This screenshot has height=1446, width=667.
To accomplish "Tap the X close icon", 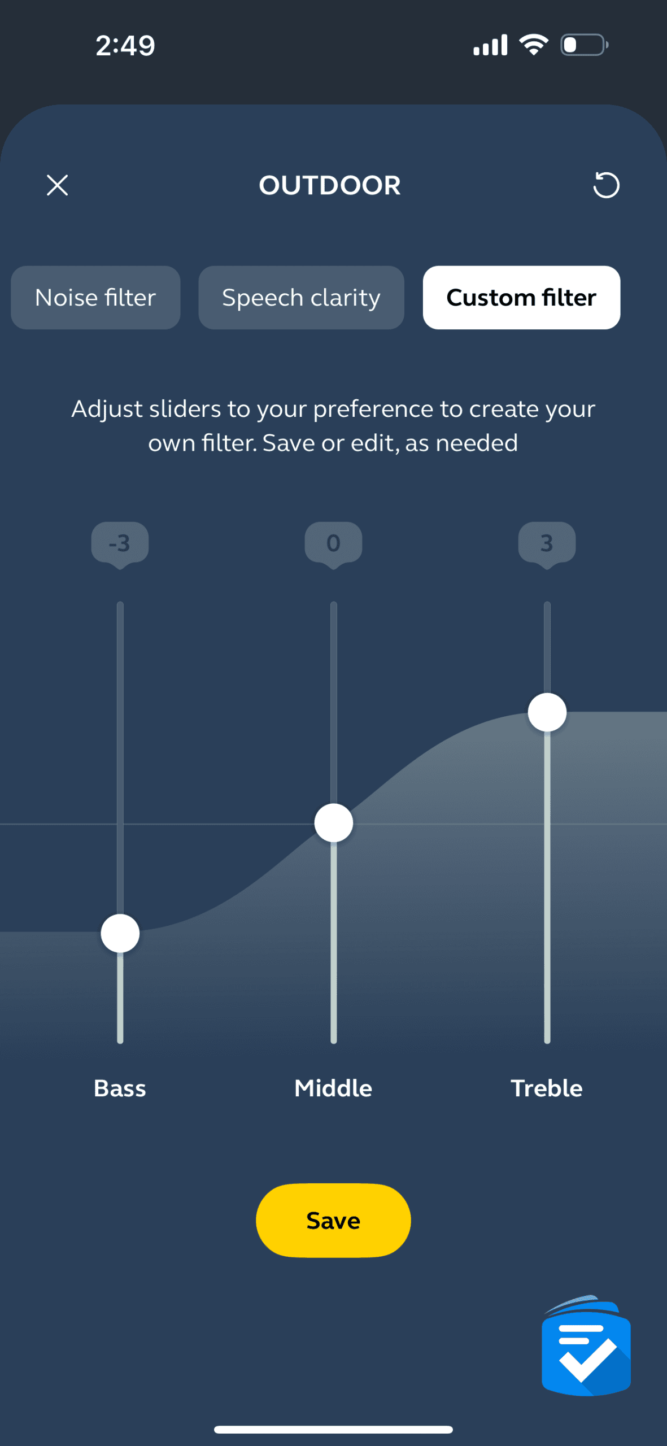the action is point(57,185).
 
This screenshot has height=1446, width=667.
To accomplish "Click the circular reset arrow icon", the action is point(606,185).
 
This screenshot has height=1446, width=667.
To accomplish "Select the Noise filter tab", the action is point(95,298).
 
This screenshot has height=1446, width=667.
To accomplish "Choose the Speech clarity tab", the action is point(301,298).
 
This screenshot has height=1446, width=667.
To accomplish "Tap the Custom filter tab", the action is point(521,298).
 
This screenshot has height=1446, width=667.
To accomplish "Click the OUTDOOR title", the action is point(330,185).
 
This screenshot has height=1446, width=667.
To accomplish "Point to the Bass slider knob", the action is point(120,933).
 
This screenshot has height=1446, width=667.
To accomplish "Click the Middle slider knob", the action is point(334,823).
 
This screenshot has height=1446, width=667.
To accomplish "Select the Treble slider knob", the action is point(547,712).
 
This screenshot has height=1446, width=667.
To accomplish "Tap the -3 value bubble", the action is point(120,545).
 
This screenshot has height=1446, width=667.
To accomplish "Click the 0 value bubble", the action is point(333,545).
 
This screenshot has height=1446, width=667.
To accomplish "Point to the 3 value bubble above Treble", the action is point(547,545).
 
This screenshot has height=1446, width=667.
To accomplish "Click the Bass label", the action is point(120,1088).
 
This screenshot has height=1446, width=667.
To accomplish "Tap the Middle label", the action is point(333,1088).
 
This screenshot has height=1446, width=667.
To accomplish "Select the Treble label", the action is point(547,1088).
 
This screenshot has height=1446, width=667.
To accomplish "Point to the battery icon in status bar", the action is point(584,45).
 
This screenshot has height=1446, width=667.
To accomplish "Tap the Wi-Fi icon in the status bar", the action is point(534,45).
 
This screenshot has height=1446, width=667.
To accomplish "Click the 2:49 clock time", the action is point(125,46).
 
